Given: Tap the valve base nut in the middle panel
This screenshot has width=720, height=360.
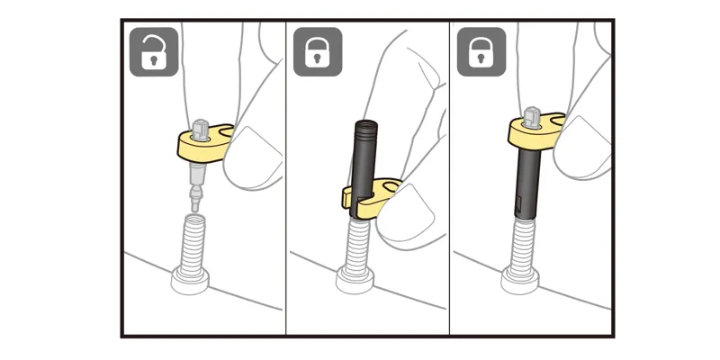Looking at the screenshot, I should (355, 281).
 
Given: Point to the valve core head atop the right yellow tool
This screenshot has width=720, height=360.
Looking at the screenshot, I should (532, 115).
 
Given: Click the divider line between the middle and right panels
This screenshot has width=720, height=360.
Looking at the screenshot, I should (450, 180).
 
